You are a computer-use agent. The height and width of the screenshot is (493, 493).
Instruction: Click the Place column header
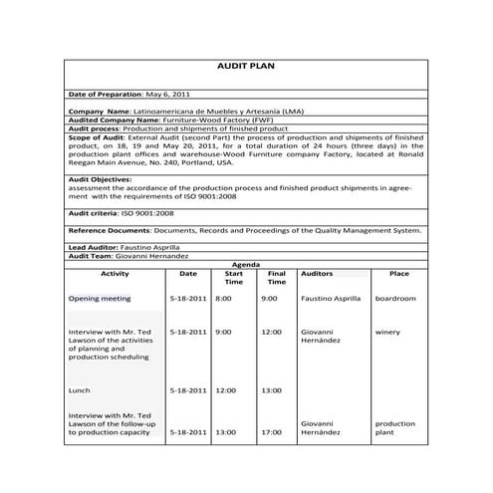coord(398,273)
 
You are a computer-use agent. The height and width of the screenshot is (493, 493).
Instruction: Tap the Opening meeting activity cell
coord(100,298)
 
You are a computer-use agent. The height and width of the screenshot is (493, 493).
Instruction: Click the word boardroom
coord(395,298)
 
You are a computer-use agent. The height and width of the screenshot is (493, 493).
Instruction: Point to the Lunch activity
coord(79,390)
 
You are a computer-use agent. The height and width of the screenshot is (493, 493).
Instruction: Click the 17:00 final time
coord(271,432)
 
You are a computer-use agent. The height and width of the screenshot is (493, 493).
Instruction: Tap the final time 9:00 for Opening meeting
coord(269,298)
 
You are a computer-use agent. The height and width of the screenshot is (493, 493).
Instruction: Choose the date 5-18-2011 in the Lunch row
coord(188,390)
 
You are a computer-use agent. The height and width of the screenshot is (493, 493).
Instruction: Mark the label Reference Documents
coord(110,229)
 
